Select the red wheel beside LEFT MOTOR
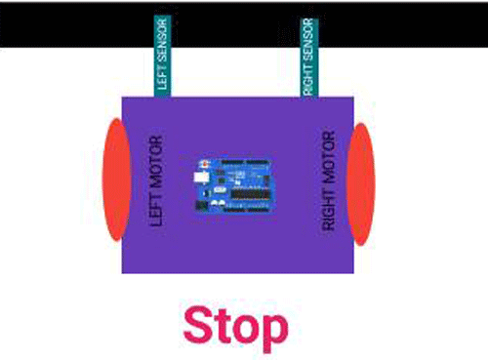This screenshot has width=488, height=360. pyautogui.click(x=115, y=180)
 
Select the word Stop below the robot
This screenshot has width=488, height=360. pyautogui.click(x=235, y=328)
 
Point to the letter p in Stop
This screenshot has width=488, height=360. pyautogui.click(x=273, y=332)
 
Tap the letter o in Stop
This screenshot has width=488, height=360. pyautogui.click(x=248, y=330)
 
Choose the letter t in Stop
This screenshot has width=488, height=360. pyautogui.click(x=224, y=328)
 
